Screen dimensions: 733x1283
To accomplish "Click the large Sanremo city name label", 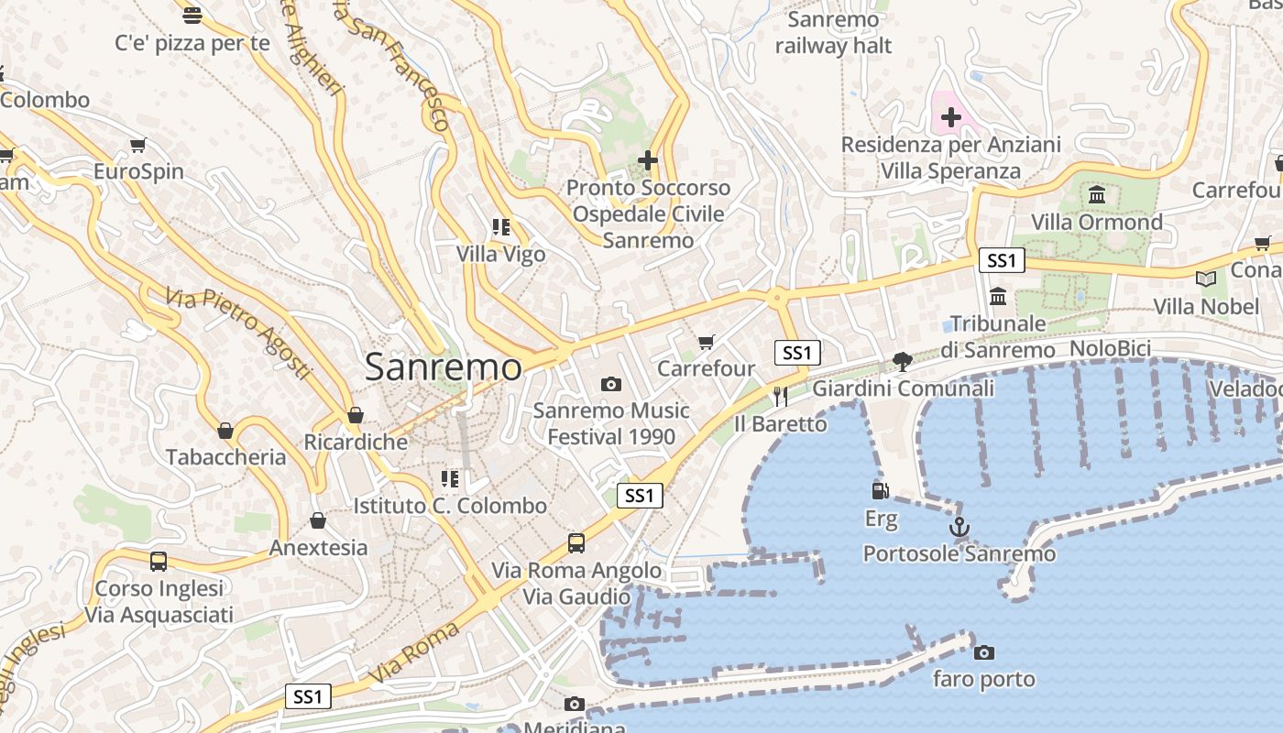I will (444, 367).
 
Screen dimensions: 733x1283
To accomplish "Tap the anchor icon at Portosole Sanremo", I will (959, 527).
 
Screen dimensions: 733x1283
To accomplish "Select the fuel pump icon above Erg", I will (881, 491).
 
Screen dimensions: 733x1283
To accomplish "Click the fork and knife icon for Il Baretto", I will (781, 396).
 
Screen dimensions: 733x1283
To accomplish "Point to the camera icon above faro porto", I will (984, 652).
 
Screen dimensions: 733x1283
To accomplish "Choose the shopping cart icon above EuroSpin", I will (138, 145).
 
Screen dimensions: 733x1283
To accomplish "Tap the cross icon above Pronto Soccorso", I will (648, 160).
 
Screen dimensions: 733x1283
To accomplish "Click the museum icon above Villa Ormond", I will (1097, 194).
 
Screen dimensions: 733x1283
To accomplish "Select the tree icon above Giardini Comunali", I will (903, 361).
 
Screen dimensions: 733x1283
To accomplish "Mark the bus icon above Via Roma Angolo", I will (576, 543).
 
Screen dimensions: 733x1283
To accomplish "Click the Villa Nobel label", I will (1206, 306).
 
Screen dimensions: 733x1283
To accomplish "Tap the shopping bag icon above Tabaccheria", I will (225, 430).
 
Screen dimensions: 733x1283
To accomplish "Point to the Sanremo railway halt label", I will (833, 33).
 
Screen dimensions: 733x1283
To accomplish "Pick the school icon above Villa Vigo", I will (500, 227).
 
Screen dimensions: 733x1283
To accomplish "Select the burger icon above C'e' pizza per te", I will (192, 15).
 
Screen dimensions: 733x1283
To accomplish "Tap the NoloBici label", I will (1110, 348).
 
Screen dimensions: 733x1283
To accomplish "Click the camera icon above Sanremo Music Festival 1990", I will (611, 384).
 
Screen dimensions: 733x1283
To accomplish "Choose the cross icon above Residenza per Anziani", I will (951, 117).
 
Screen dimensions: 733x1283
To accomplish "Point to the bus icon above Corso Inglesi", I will (159, 561).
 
